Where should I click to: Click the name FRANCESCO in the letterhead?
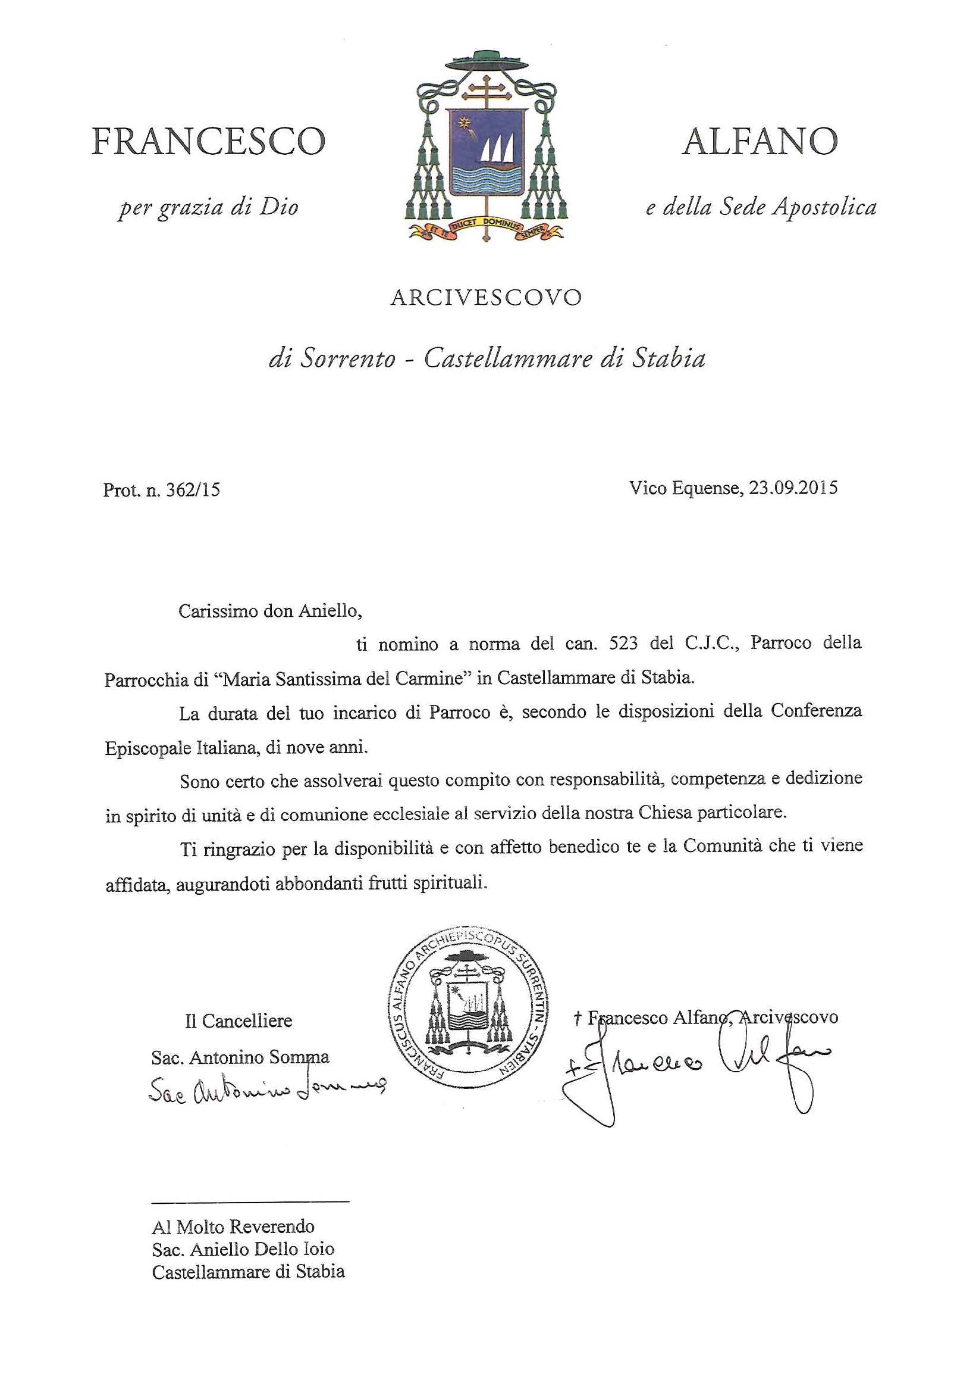[x=208, y=141]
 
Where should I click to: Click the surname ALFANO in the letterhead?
[x=760, y=141]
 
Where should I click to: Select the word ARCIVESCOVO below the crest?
[x=486, y=298]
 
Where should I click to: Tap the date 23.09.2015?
[x=793, y=488]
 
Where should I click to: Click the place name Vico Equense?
[x=683, y=488]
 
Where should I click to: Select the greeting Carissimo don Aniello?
[x=269, y=611]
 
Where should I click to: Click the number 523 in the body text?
[x=624, y=644]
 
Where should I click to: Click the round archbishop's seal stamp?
[x=469, y=1006]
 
